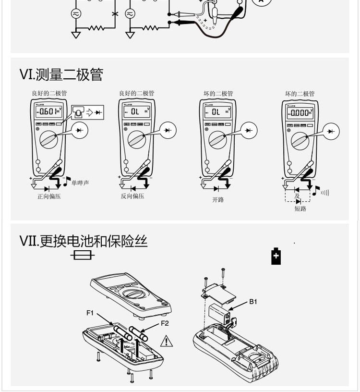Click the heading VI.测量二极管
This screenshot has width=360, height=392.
click(61, 75)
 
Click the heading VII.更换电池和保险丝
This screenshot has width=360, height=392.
click(84, 241)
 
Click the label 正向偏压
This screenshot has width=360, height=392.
click(49, 196)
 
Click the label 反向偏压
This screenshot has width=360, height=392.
click(132, 196)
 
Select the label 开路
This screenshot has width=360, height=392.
click(218, 199)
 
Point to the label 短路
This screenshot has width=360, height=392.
click(300, 208)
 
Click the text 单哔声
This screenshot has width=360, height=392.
click(80, 183)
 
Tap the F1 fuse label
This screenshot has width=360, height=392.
click(90, 313)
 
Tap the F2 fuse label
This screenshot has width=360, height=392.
click(165, 323)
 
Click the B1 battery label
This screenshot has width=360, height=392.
click(253, 302)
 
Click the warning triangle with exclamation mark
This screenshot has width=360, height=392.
click(166, 341)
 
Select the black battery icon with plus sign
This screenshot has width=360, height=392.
click(276, 257)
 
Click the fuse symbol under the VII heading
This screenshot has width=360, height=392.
click(82, 256)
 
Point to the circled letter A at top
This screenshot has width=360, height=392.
click(261, 1)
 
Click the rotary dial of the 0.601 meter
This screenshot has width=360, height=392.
click(49, 139)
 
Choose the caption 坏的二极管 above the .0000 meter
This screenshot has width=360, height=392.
click(300, 94)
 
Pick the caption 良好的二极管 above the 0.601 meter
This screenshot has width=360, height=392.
click(49, 93)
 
